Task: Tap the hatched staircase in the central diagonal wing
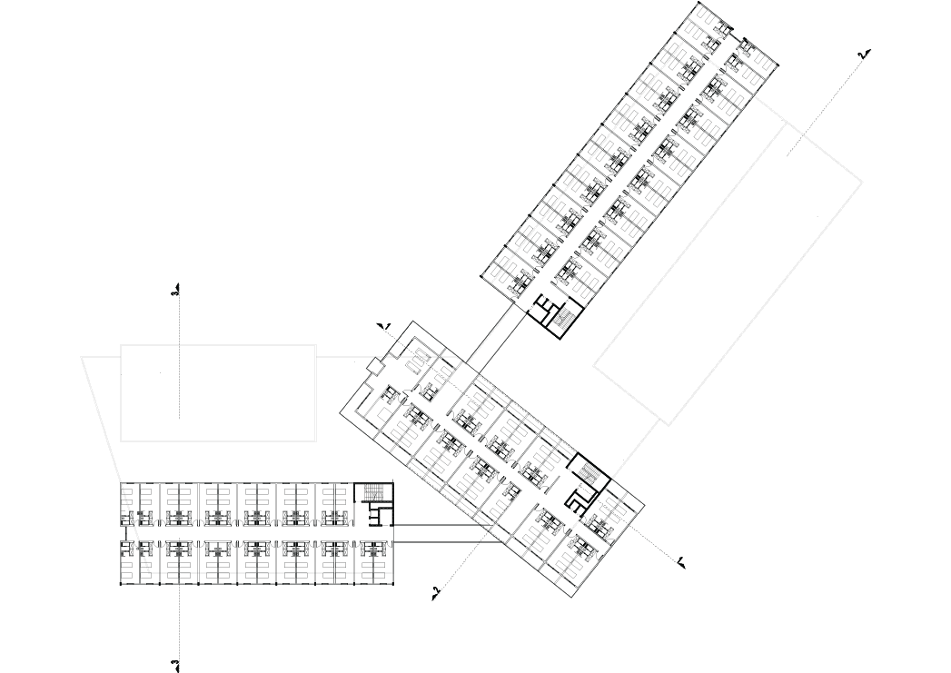(x=589, y=473)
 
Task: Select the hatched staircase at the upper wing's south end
(x=563, y=316)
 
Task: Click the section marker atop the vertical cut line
(x=175, y=292)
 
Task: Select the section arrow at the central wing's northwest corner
(x=383, y=323)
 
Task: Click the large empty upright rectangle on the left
(x=218, y=392)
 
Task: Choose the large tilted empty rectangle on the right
(x=727, y=272)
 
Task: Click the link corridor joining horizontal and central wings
(x=441, y=533)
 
